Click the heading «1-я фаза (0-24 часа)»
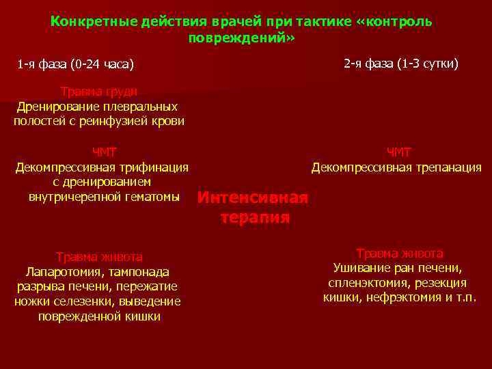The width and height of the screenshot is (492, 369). [x=76, y=65]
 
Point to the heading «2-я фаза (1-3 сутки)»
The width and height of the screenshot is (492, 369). [x=401, y=64]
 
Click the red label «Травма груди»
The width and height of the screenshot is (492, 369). [x=98, y=92]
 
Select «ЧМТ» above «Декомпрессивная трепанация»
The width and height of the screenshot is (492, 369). [x=399, y=152]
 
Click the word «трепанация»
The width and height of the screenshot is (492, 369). [x=448, y=167]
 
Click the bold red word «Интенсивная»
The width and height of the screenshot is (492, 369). [x=253, y=198]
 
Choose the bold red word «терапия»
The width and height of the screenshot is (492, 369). [x=255, y=218]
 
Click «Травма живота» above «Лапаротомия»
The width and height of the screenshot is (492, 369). [x=99, y=257]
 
